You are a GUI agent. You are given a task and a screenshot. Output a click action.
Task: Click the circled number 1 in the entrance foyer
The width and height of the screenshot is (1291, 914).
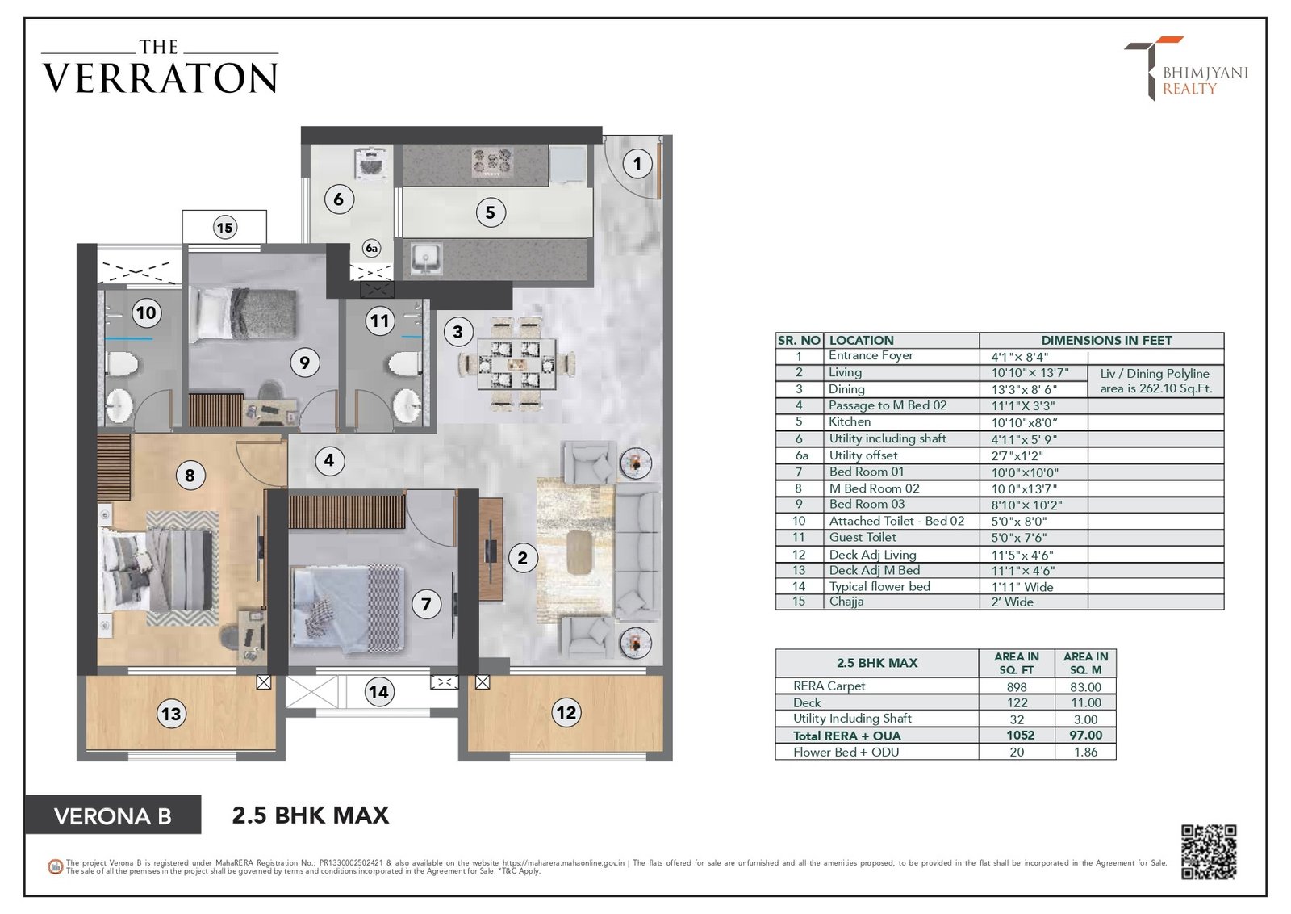pos(637,165)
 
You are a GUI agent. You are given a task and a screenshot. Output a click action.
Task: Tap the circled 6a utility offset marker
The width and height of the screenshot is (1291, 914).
pos(371,248)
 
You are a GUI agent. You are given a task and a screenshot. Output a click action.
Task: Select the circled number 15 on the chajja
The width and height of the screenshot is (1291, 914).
pos(224,228)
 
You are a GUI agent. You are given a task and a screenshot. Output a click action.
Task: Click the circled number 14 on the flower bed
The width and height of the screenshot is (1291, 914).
pos(378,691)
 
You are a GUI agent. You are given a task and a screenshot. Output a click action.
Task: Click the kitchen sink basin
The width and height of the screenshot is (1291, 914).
pos(426,258)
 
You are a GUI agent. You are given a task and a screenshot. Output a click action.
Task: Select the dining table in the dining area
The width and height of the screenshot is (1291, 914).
pos(516,364)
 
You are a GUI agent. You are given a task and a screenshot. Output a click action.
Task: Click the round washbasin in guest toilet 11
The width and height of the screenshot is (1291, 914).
pos(407,405)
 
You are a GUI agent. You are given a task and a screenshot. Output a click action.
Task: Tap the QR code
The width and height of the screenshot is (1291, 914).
pos(1208,852)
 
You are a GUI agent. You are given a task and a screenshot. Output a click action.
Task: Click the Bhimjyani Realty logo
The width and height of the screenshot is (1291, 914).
pos(1185,69)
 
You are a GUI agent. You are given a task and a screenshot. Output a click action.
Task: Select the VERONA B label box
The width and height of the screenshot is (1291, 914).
pos(113,815)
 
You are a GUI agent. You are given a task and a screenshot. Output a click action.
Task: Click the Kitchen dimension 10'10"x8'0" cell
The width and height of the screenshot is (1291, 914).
pos(1023,423)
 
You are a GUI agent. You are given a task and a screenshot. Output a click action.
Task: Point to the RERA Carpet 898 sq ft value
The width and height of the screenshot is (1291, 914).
pos(1017,687)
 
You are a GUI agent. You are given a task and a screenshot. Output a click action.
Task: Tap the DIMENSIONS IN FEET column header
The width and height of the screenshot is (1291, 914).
pos(1106,340)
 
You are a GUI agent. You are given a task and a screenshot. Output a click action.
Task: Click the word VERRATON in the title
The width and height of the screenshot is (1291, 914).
pos(161,78)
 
